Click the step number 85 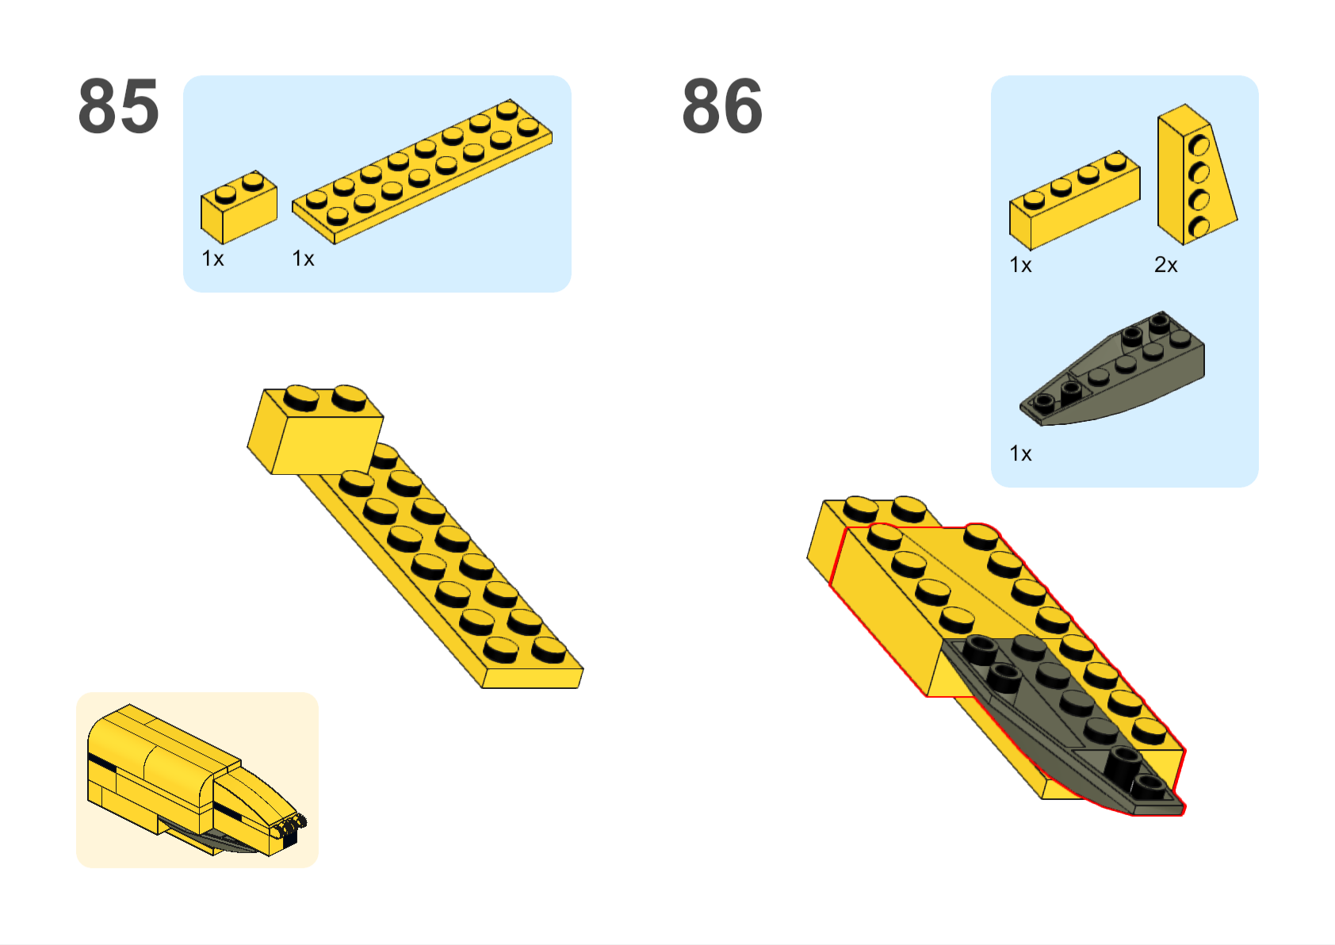(x=119, y=106)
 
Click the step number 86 (x=722, y=106)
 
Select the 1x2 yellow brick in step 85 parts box (x=239, y=207)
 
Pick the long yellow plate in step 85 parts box (x=422, y=171)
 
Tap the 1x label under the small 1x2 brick (x=212, y=258)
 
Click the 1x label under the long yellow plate (x=303, y=258)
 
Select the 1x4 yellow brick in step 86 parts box (x=1074, y=201)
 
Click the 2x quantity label (x=1165, y=265)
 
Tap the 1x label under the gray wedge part (x=1020, y=453)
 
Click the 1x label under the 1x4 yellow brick (x=1020, y=265)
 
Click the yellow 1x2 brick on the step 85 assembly (x=316, y=430)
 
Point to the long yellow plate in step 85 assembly (x=453, y=572)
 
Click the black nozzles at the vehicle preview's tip (x=289, y=827)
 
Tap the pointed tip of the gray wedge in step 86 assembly (x=1183, y=810)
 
